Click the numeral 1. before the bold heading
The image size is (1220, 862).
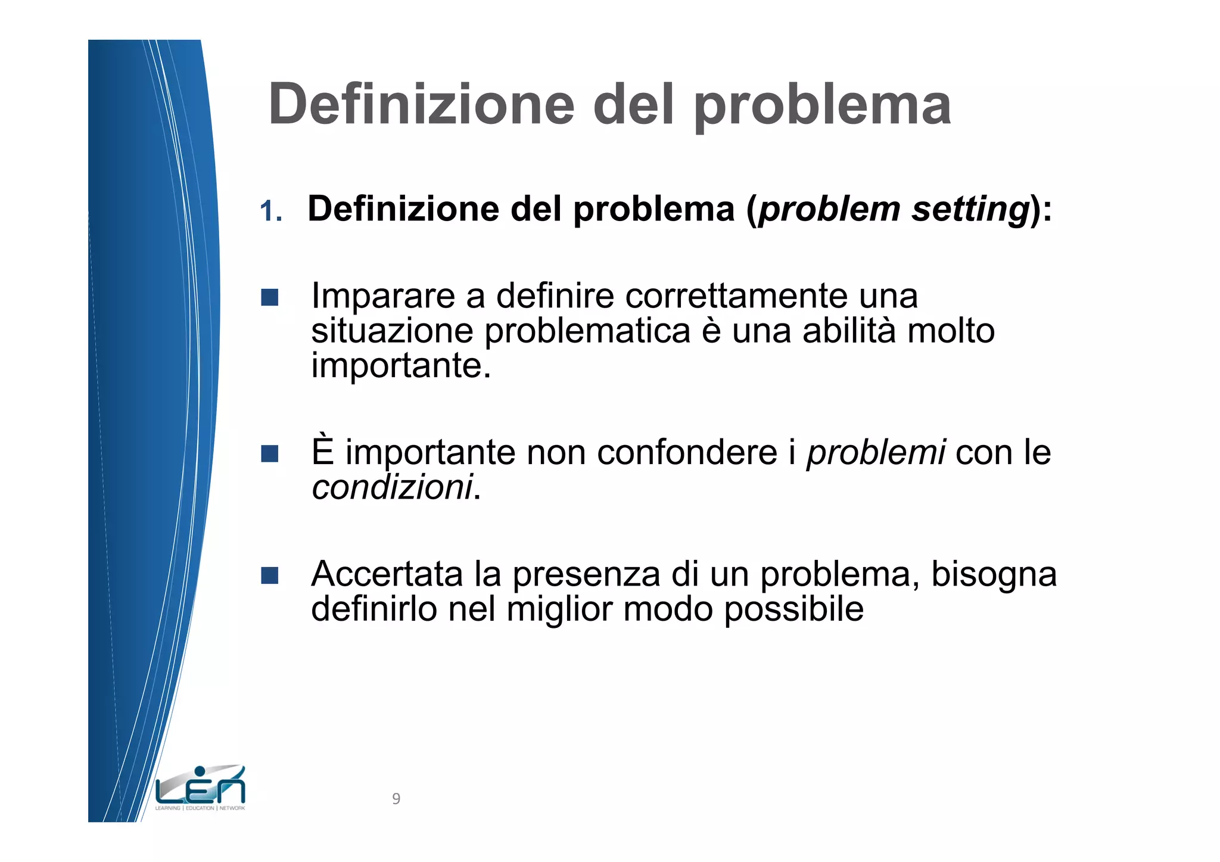(x=271, y=211)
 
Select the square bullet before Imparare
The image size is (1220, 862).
(x=270, y=297)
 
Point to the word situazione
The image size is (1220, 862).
(x=392, y=331)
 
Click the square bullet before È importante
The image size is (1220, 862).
(x=270, y=454)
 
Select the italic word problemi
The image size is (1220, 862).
(x=876, y=453)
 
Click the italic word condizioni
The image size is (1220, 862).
(x=392, y=487)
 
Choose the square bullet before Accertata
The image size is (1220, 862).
(x=270, y=575)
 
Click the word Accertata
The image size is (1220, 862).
(x=387, y=574)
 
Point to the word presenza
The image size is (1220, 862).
(x=586, y=575)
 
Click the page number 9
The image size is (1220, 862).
(x=396, y=799)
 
